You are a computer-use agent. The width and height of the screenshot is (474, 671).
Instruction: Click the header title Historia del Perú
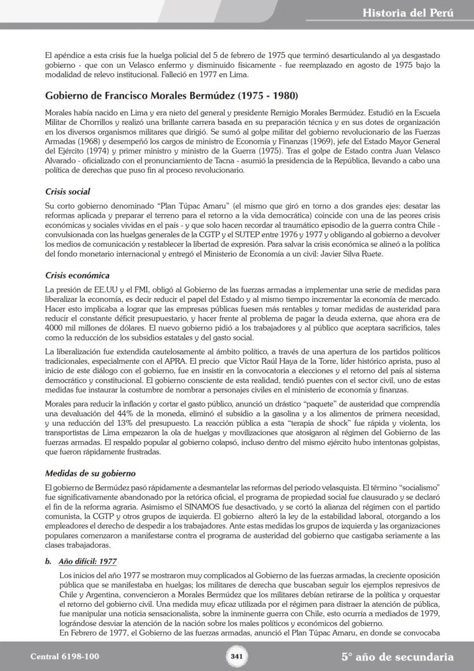tap(408, 13)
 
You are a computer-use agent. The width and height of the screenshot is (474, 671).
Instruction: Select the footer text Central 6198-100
tap(65, 657)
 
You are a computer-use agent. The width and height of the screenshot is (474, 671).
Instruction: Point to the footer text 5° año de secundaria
tap(397, 657)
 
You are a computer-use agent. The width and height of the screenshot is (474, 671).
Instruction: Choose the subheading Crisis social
tap(67, 191)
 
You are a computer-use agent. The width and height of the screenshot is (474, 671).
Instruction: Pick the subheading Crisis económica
tap(77, 276)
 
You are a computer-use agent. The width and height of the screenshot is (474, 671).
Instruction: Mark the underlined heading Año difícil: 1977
tap(87, 562)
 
